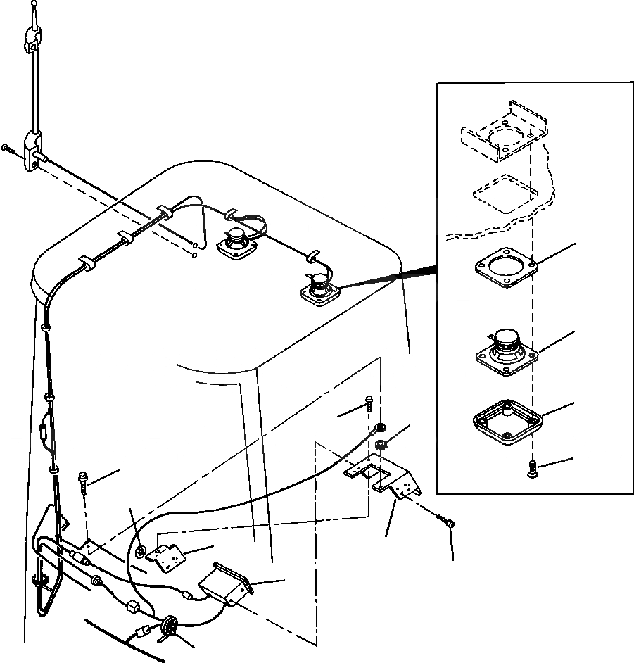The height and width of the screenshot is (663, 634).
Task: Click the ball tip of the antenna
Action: [x=34, y=5]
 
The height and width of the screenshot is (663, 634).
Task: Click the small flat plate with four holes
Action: [x=167, y=558]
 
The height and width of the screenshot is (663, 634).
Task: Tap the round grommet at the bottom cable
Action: [x=169, y=626]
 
